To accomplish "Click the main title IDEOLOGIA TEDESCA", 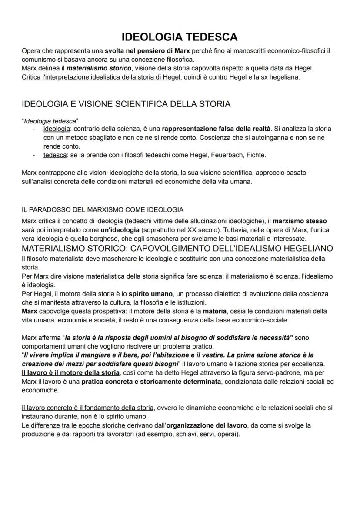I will [179, 37].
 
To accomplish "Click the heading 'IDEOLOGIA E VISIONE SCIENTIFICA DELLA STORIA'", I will [126, 104].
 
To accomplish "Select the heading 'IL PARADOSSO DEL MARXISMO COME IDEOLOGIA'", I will [103, 210].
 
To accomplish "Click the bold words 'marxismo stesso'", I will [300, 221].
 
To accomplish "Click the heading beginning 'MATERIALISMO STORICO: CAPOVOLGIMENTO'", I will [177, 249].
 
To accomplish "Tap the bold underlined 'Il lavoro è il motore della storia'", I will [70, 373].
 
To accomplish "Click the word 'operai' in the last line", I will [227, 434].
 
